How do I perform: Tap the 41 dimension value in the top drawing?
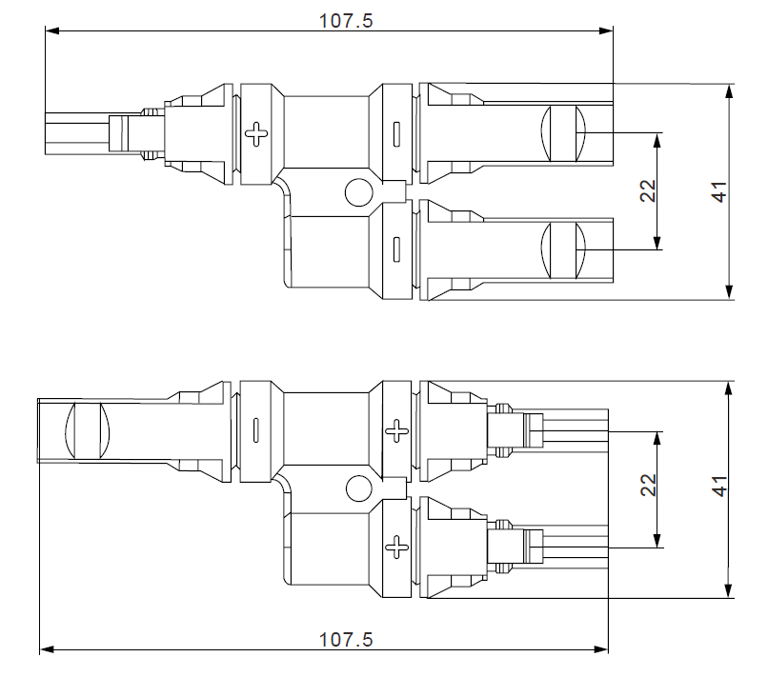(x=720, y=191)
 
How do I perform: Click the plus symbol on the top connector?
(x=256, y=133)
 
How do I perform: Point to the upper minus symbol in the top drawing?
(x=395, y=133)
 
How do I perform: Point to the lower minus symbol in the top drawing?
(x=395, y=249)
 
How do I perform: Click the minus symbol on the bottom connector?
(x=256, y=430)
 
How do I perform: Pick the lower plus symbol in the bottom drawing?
(x=395, y=547)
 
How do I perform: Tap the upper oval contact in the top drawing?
(x=561, y=133)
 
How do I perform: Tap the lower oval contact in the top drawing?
(x=561, y=249)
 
